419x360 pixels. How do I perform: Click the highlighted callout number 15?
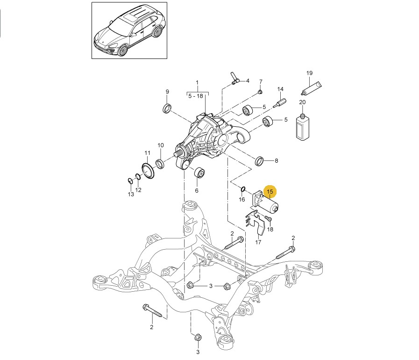click(x=270, y=192)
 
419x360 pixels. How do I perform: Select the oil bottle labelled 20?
click(x=302, y=126)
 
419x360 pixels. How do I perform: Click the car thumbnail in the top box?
click(x=129, y=31)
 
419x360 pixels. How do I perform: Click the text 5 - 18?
click(x=196, y=96)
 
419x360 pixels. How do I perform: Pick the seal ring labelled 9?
click(x=167, y=109)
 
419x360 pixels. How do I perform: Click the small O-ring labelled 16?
click(x=242, y=189)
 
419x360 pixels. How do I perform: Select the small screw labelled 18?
click(x=268, y=219)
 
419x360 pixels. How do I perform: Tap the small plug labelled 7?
click(x=260, y=91)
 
